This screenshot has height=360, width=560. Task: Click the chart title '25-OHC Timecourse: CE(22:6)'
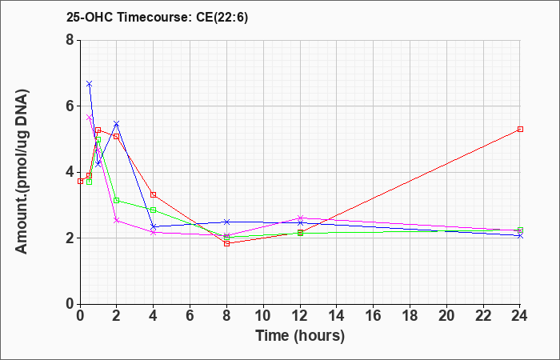[157, 18]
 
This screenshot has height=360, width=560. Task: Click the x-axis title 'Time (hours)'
[300, 336]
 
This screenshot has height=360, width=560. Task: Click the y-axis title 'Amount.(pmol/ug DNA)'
[22, 172]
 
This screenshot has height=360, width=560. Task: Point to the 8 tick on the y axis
[70, 40]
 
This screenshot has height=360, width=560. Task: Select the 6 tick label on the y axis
[70, 106]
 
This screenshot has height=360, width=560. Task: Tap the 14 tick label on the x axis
[337, 316]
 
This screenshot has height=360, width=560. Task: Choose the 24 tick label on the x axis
[519, 316]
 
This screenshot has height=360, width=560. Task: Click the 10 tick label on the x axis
[263, 316]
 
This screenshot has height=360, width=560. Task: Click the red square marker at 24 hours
[520, 129]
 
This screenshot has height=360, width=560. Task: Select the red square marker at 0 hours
[80, 181]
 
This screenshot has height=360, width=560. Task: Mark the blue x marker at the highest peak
[90, 83]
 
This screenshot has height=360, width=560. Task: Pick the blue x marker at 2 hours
[117, 123]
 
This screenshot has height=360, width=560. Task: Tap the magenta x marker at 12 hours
[300, 218]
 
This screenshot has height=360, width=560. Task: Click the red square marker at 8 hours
[226, 243]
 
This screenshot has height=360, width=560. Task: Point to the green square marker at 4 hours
[154, 210]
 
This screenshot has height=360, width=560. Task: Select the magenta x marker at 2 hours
[117, 220]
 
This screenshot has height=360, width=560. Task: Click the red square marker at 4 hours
[154, 194]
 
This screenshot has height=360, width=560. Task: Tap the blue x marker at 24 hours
[520, 236]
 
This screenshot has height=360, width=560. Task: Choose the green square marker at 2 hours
[117, 200]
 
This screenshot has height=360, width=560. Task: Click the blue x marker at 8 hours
[226, 222]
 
